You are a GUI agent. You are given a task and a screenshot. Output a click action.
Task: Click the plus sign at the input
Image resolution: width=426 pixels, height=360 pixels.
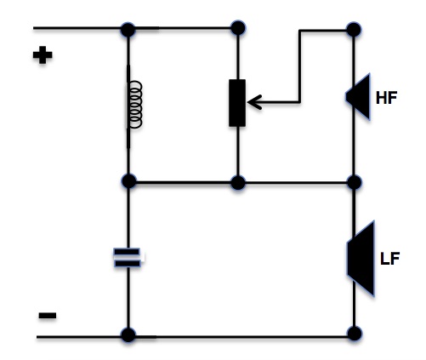pyautogui.click(x=43, y=54)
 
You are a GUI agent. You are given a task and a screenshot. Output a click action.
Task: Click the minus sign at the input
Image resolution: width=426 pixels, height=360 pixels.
pyautogui.click(x=48, y=315)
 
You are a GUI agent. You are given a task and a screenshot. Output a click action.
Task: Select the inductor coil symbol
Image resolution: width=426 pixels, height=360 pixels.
pyautogui.click(x=134, y=105)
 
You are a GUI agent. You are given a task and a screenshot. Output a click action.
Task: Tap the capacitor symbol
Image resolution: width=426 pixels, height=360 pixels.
pyautogui.click(x=128, y=258)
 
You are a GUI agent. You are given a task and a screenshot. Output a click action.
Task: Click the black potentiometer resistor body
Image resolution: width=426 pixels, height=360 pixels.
pyautogui.click(x=237, y=103)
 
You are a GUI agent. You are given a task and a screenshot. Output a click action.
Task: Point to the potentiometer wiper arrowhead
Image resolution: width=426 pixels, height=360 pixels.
pyautogui.click(x=254, y=102)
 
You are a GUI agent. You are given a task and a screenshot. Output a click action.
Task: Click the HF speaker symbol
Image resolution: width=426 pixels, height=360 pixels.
pyautogui.click(x=358, y=97)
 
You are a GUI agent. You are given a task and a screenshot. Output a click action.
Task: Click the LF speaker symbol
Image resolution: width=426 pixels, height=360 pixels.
pyautogui.click(x=361, y=259)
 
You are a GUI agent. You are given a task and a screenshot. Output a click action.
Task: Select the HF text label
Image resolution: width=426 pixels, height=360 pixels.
pyautogui.click(x=386, y=97)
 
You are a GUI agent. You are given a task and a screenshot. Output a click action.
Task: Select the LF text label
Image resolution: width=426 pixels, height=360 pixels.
pyautogui.click(x=389, y=259)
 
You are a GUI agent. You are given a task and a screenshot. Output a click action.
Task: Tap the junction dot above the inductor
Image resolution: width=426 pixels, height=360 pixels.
pyautogui.click(x=128, y=30)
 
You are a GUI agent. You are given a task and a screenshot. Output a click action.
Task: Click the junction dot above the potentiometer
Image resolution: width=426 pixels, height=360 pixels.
pyautogui.click(x=238, y=28)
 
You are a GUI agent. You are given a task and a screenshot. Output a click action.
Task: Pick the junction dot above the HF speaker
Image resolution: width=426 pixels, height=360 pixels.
pyautogui.click(x=354, y=30)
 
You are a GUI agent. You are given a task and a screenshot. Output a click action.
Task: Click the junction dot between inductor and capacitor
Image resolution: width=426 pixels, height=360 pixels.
pyautogui.click(x=128, y=181)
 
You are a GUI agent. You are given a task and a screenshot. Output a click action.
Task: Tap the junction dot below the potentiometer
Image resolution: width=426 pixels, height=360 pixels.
pyautogui.click(x=238, y=183)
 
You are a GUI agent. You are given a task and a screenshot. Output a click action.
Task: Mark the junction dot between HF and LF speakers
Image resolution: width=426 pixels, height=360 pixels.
pyautogui.click(x=355, y=182)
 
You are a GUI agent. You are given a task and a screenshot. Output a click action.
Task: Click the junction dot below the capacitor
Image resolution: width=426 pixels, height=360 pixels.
pyautogui.click(x=128, y=334)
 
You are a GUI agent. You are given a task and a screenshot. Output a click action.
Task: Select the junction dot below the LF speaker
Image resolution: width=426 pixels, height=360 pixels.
pyautogui.click(x=355, y=334)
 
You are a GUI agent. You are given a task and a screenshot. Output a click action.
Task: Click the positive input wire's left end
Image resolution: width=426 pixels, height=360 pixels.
pyautogui.click(x=34, y=28)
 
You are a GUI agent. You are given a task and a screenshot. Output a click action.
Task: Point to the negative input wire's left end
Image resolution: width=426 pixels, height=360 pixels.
pyautogui.click(x=37, y=337)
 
